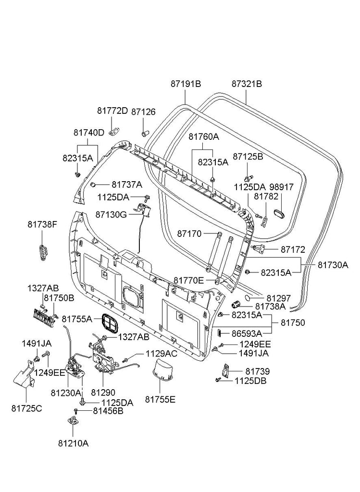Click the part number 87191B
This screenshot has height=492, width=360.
tap(185, 84)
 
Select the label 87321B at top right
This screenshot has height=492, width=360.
tap(247, 84)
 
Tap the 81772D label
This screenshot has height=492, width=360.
tap(112, 111)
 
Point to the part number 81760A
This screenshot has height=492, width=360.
tap(203, 136)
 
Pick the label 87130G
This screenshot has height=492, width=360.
tap(111, 214)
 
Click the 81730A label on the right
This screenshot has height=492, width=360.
tap(332, 265)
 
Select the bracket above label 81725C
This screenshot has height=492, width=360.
tap(23, 382)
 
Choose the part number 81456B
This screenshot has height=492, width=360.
tap(108, 411)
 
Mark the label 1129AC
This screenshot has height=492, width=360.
tap(161, 354)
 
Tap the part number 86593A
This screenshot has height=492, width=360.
tap(246, 332)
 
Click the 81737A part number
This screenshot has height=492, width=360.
tap(127, 184)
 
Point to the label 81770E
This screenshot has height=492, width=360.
tap(189, 280)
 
